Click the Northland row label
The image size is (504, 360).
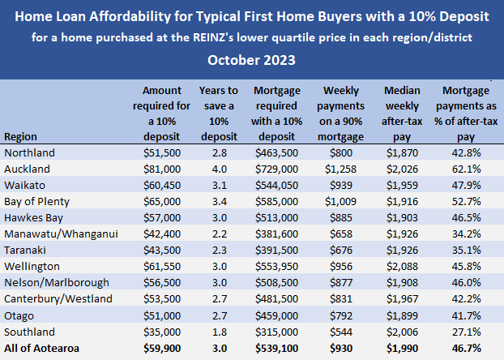pyautogui.click(x=29, y=153)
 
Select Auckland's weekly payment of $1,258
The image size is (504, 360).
pyautogui.click(x=340, y=169)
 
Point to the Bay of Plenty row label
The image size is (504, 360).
pyautogui.click(x=37, y=201)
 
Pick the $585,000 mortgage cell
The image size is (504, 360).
pyautogui.click(x=277, y=201)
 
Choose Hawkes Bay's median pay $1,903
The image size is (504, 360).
pyautogui.click(x=402, y=217)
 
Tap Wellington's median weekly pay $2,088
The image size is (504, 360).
pyautogui.click(x=402, y=266)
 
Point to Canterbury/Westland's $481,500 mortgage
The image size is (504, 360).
pyautogui.click(x=277, y=298)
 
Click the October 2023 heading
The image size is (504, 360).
pyautogui.click(x=251, y=59)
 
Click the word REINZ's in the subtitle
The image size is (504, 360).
pyautogui.click(x=301, y=36)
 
